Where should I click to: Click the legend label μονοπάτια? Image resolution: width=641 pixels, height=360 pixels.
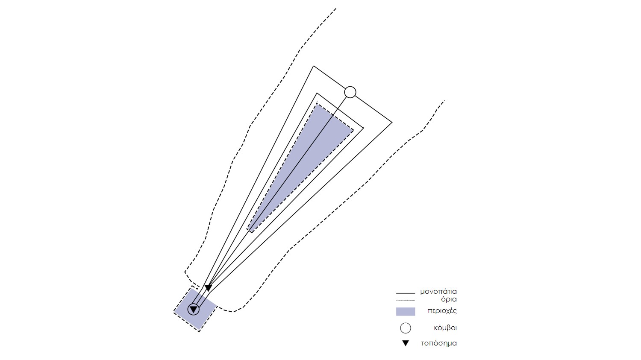tap(438, 292)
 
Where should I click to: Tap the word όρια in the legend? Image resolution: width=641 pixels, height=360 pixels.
tap(449, 299)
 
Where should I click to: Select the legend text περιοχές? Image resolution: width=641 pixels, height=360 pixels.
tap(442, 311)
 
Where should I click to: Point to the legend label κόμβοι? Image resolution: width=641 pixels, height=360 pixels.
tap(445, 328)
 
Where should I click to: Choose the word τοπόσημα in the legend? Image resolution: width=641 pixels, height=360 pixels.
tap(439, 343)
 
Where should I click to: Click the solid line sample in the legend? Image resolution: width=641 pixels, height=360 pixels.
tap(405, 293)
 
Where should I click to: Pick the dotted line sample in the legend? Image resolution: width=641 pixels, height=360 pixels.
tap(405, 300)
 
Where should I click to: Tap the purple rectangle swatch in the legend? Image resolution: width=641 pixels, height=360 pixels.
tap(406, 312)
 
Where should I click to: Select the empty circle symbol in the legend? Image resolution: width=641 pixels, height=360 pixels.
tap(406, 328)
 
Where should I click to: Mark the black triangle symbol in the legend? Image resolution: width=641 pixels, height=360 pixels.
tap(406, 343)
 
